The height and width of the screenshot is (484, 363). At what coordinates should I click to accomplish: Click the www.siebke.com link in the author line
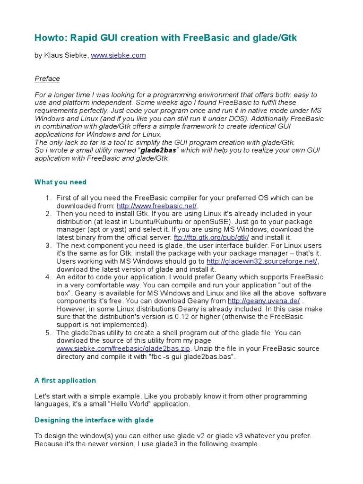pos(118,55)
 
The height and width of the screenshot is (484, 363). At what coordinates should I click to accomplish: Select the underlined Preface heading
pos(47,78)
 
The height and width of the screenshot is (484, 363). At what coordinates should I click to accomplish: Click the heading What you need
pos(60,182)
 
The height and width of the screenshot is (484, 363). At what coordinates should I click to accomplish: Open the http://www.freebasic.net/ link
pos(156,206)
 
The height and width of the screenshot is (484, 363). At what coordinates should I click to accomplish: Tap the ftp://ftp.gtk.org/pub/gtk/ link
pos(212,237)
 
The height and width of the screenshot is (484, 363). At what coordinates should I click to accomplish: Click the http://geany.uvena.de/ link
pos(264,301)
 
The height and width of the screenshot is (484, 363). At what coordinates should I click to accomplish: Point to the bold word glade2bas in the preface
pos(156,150)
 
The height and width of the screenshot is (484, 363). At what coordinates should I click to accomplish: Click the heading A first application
pos(65,380)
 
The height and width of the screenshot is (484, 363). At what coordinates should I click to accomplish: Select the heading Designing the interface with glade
pos(94,420)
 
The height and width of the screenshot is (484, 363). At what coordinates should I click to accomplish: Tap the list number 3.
pos(48,245)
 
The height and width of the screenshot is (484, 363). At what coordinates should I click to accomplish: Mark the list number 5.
pos(48,333)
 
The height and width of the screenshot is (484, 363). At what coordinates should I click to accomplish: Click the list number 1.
pos(48,198)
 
